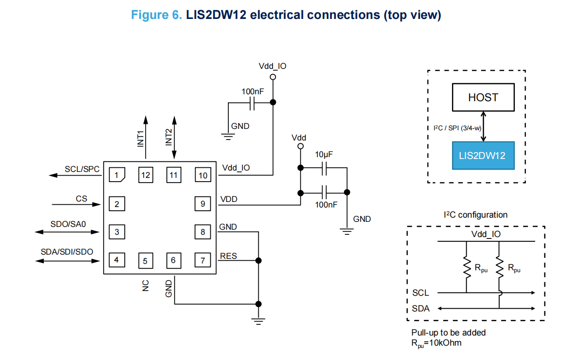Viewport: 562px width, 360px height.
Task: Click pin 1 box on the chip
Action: pyautogui.click(x=117, y=176)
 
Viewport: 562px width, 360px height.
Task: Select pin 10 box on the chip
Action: pyautogui.click(x=203, y=176)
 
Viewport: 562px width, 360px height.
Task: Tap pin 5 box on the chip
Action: pyautogui.click(x=145, y=261)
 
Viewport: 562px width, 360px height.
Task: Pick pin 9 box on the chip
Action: pyautogui.click(x=203, y=204)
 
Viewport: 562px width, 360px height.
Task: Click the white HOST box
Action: pyautogui.click(x=483, y=98)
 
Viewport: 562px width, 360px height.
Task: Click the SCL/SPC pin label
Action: pyautogui.click(x=82, y=170)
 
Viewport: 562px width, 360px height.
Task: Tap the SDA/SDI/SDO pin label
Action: pyautogui.click(x=67, y=252)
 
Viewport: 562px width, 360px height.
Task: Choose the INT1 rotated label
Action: pyautogui.click(x=141, y=138)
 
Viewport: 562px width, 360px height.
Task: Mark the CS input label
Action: pyautogui.click(x=81, y=199)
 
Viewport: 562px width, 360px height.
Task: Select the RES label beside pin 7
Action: pyautogui.click(x=228, y=256)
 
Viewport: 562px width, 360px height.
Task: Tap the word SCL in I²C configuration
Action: pyautogui.click(x=420, y=293)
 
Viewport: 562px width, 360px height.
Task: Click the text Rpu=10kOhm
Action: pyautogui.click(x=436, y=343)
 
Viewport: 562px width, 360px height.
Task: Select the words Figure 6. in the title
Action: pyautogui.click(x=157, y=15)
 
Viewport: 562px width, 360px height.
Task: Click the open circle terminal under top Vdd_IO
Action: pyautogui.click(x=273, y=77)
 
